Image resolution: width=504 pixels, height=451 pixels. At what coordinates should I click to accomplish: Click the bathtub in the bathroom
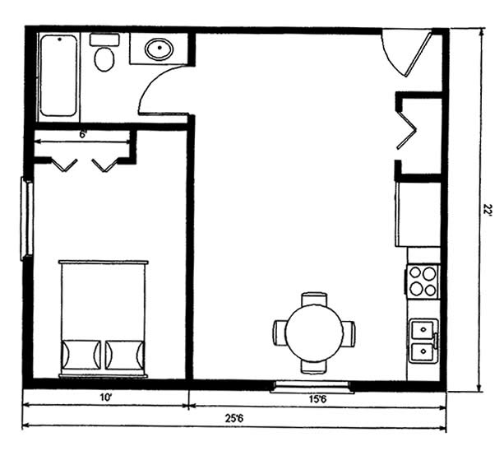(x=59, y=76)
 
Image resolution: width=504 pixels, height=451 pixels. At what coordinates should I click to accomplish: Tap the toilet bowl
(x=104, y=59)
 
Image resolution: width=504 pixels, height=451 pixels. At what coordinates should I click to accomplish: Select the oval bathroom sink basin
(x=160, y=49)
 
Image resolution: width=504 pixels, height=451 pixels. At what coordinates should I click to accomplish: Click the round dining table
(x=314, y=332)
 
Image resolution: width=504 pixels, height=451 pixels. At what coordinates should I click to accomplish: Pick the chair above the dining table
(x=314, y=300)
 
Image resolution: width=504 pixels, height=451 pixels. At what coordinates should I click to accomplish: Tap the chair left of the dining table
(x=280, y=333)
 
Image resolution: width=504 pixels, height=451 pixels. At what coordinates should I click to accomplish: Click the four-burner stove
(x=423, y=281)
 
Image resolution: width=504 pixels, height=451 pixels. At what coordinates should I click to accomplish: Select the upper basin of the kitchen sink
(x=423, y=329)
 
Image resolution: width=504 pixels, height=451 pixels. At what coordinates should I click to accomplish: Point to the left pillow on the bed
(x=81, y=355)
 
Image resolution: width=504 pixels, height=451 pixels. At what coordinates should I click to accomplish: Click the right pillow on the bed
(x=125, y=355)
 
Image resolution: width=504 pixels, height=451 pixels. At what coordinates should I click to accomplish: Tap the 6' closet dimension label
(x=83, y=135)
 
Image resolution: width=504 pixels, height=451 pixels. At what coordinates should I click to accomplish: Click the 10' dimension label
(x=105, y=398)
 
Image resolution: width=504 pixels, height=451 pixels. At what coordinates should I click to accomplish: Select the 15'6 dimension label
(x=318, y=399)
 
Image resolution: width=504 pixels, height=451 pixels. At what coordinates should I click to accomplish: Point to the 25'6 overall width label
(x=234, y=419)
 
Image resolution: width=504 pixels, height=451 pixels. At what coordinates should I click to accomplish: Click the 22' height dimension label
(x=488, y=209)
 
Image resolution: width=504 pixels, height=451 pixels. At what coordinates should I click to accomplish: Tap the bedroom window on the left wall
(x=27, y=218)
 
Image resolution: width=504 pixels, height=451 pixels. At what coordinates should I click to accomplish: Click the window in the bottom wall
(x=312, y=387)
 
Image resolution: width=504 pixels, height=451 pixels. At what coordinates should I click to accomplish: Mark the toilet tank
(x=104, y=40)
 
